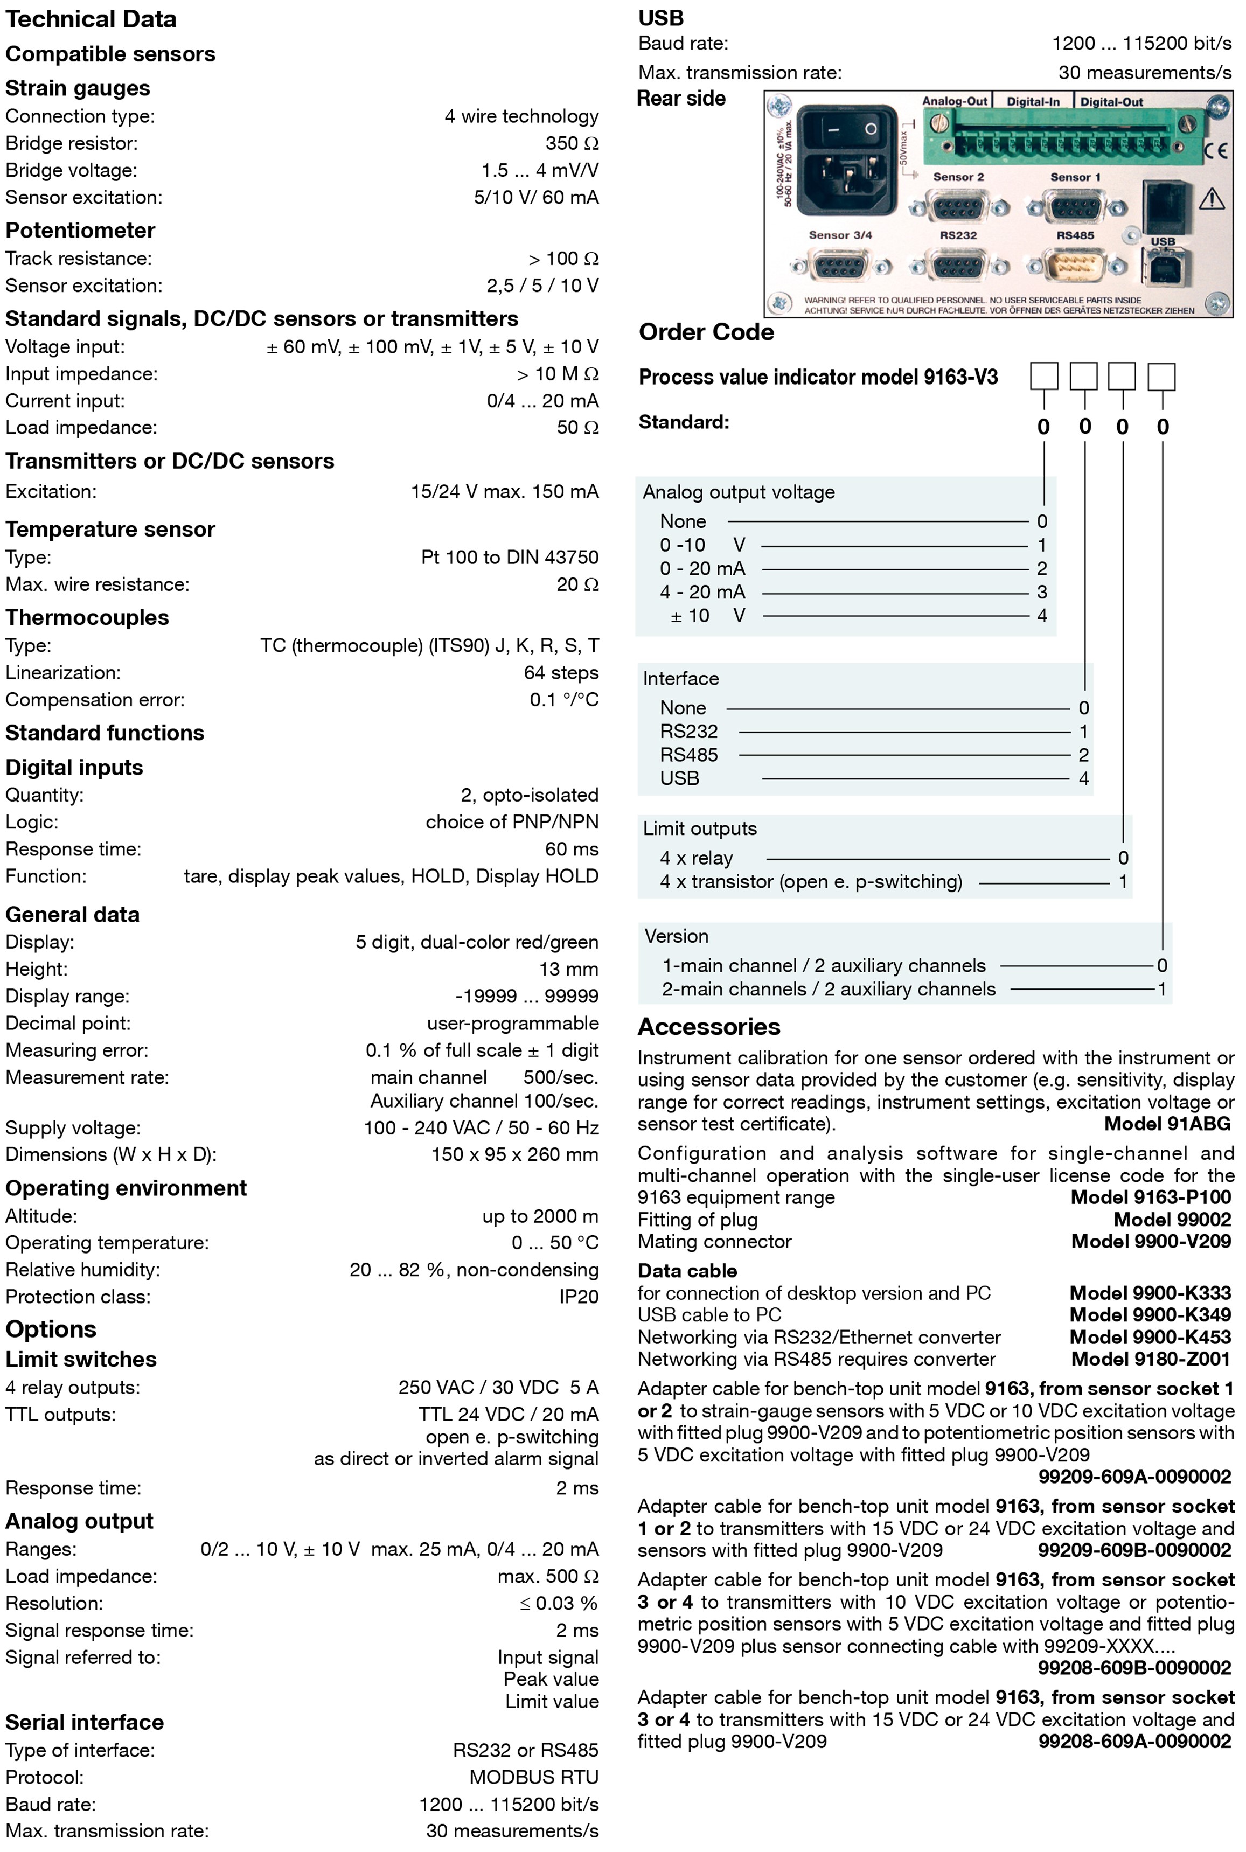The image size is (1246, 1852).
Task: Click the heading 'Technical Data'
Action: pyautogui.click(x=91, y=19)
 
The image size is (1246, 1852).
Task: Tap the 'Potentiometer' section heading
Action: pyautogui.click(x=80, y=231)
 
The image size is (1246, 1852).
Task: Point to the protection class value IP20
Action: pyautogui.click(x=579, y=1297)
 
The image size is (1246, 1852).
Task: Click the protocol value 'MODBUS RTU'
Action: pyautogui.click(x=533, y=1777)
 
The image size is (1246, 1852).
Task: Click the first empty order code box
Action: pyautogui.click(x=1043, y=376)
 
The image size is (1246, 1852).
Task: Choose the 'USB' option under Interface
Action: pyautogui.click(x=679, y=778)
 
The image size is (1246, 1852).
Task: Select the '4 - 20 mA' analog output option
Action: pyautogui.click(x=702, y=592)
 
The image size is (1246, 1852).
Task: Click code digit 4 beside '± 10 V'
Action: pyautogui.click(x=1042, y=616)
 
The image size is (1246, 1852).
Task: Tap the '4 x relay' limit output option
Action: pyautogui.click(x=696, y=858)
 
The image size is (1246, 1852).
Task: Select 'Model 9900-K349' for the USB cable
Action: pyautogui.click(x=1149, y=1315)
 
